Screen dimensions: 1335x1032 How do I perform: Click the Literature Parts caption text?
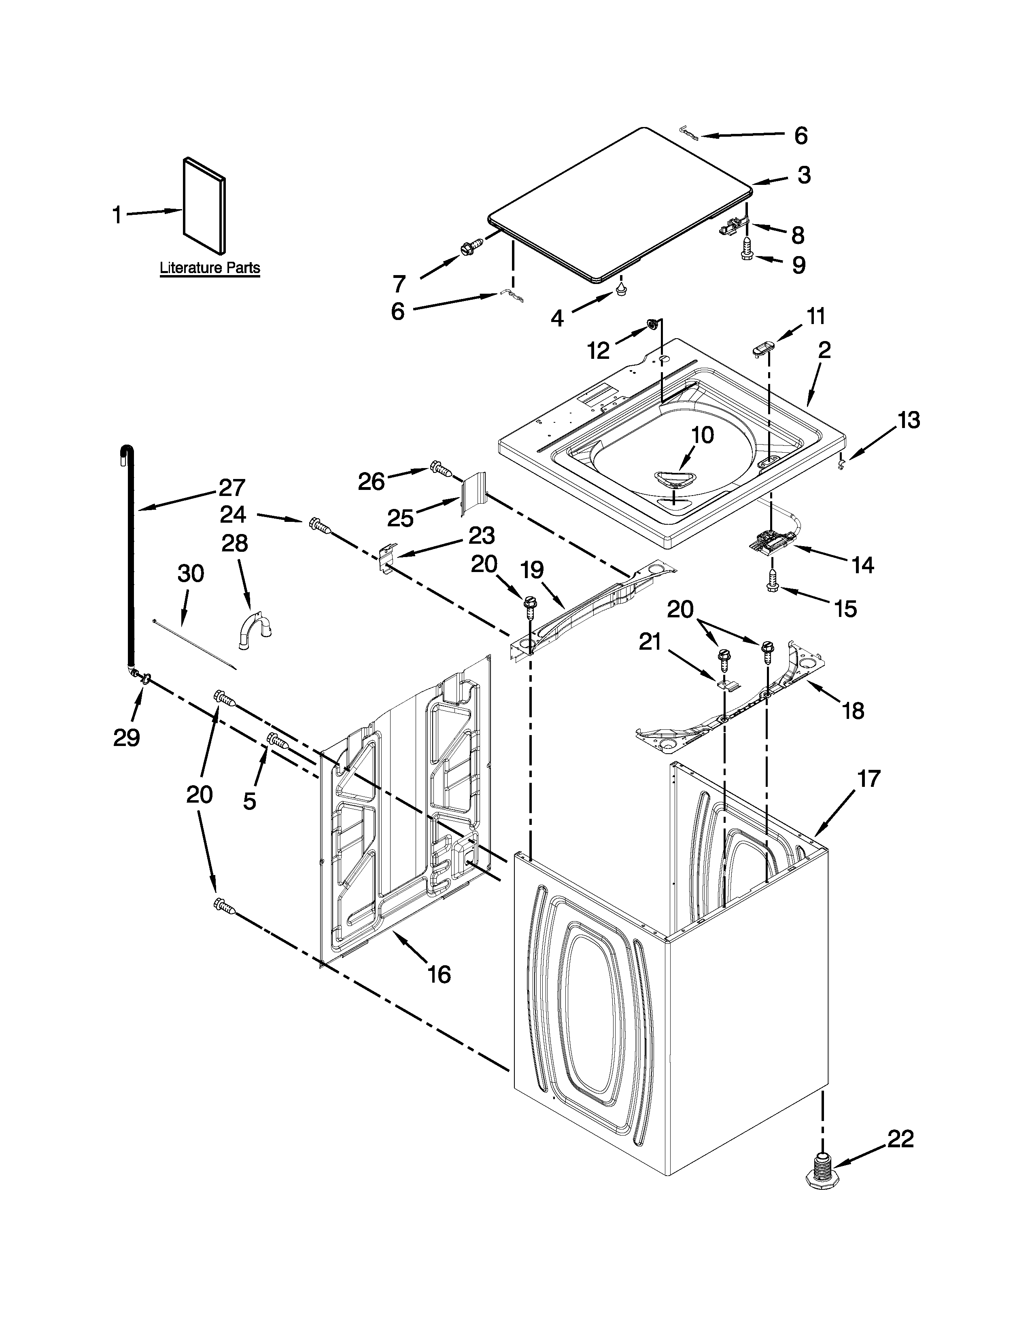click(210, 268)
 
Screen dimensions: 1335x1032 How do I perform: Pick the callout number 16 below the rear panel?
click(439, 975)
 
